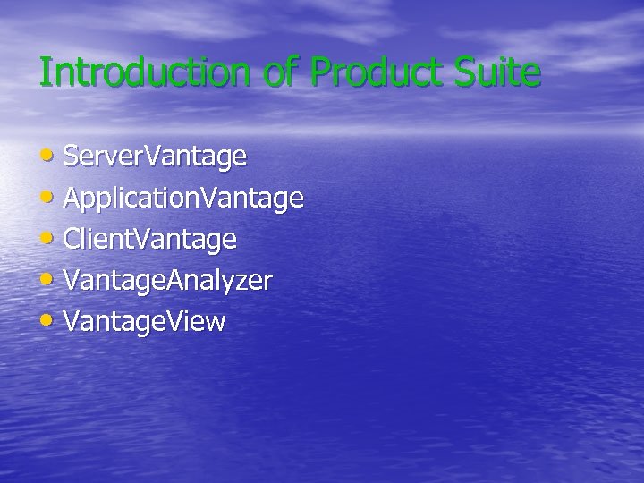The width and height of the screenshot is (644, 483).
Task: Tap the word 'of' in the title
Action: pos(284,72)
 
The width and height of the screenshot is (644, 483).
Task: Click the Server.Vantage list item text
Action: pos(155,157)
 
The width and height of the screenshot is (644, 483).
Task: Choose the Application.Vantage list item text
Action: pos(183,199)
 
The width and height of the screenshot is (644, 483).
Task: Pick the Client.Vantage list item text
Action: pos(150,240)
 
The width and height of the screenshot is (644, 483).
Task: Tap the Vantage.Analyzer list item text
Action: pos(168,281)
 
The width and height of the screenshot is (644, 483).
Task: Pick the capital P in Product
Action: pos(320,72)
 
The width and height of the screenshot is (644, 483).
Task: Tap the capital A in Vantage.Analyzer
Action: pos(175,281)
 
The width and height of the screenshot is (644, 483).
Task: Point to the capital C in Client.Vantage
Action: pos(72,240)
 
